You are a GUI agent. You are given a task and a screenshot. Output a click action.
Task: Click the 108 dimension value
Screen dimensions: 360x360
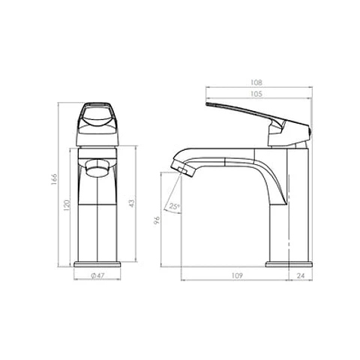point(256,82)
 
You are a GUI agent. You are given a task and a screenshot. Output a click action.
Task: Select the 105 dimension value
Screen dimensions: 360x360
point(256,94)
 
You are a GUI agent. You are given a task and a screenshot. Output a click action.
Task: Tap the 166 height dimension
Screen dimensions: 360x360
point(54,179)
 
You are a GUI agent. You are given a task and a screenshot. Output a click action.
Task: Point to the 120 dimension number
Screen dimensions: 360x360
point(67,205)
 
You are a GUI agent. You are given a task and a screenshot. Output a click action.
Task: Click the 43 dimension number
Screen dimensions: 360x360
point(132,203)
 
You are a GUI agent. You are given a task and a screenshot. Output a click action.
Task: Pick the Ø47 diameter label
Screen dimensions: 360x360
point(97,275)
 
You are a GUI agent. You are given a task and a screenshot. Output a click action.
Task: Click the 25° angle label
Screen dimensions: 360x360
point(174,206)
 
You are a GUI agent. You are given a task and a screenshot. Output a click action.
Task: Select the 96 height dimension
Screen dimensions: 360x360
point(157,220)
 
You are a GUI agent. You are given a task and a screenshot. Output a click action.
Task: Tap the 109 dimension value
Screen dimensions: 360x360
point(237,275)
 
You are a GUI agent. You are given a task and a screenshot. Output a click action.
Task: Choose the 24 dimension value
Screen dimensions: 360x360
point(301,275)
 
